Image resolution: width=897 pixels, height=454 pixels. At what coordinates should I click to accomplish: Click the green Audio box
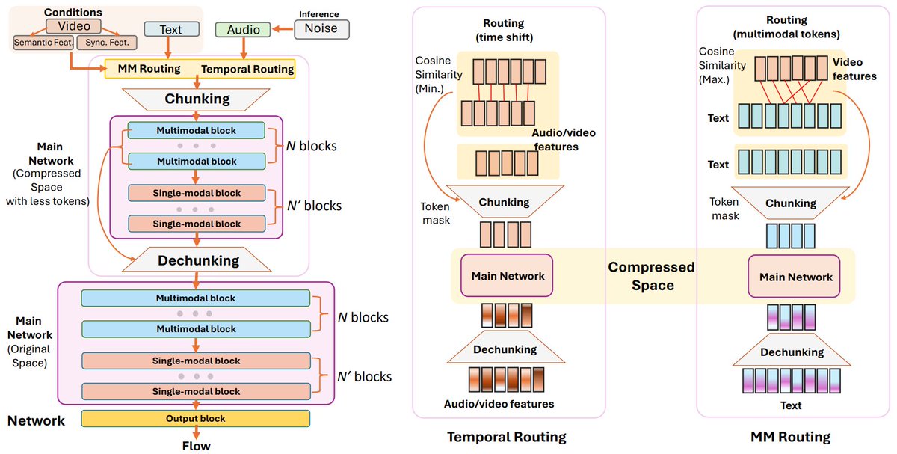pos(244,30)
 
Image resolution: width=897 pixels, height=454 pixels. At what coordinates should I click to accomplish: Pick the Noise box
pos(321,29)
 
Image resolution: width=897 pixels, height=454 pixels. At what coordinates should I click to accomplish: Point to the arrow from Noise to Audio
pos(282,30)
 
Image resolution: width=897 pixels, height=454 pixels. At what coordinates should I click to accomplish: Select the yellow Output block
pos(196,418)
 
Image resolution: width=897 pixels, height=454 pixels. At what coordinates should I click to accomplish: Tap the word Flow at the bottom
pos(197,446)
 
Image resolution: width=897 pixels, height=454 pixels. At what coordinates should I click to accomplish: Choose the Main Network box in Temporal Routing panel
pos(508,276)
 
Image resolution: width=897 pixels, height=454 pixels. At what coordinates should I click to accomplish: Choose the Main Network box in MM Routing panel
pos(795,277)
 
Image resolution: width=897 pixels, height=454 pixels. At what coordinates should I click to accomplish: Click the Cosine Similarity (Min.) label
pos(440,78)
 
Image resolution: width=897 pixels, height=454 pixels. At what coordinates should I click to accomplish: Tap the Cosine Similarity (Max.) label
pos(721,66)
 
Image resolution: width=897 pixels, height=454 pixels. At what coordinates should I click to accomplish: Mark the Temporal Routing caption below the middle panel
pos(506,437)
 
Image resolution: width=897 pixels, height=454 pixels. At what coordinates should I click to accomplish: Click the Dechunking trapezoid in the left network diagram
pos(197,260)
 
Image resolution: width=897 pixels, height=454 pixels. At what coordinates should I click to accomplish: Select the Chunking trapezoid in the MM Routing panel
pos(790,203)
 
